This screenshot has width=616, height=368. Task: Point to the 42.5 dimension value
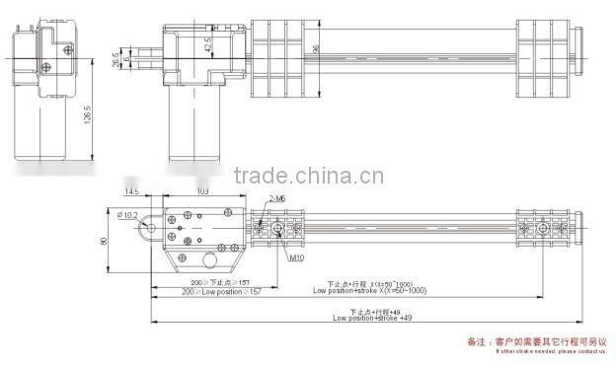click(x=208, y=44)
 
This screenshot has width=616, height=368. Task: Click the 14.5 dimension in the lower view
click(x=131, y=190)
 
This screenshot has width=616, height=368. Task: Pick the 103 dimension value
click(x=203, y=190)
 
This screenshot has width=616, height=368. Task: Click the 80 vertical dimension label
click(x=102, y=239)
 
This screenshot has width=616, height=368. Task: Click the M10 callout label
click(x=296, y=258)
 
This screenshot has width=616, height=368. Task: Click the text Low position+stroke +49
click(x=372, y=319)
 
